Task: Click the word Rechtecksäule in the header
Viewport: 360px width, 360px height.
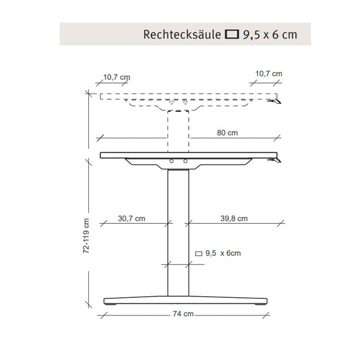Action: [x=183, y=35]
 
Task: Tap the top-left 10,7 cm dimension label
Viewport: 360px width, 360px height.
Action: [x=117, y=77]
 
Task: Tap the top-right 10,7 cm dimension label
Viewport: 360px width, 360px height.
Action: [x=269, y=73]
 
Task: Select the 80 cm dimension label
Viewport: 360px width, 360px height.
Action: [x=228, y=133]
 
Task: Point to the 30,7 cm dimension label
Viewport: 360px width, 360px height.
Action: [x=131, y=219]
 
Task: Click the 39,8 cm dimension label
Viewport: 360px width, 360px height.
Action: [x=234, y=219]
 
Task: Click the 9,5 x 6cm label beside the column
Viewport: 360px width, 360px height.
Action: [x=223, y=253]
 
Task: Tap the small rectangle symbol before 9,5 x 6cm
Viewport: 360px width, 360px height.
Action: [x=199, y=253]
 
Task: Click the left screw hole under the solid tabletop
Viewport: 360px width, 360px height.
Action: [x=172, y=162]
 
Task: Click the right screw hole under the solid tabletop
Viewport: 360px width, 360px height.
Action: [x=185, y=162]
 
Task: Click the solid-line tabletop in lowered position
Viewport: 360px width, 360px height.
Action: [x=144, y=155]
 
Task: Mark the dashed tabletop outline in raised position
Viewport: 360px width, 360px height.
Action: [x=144, y=96]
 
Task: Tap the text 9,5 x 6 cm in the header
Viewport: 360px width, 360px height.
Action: [x=270, y=35]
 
